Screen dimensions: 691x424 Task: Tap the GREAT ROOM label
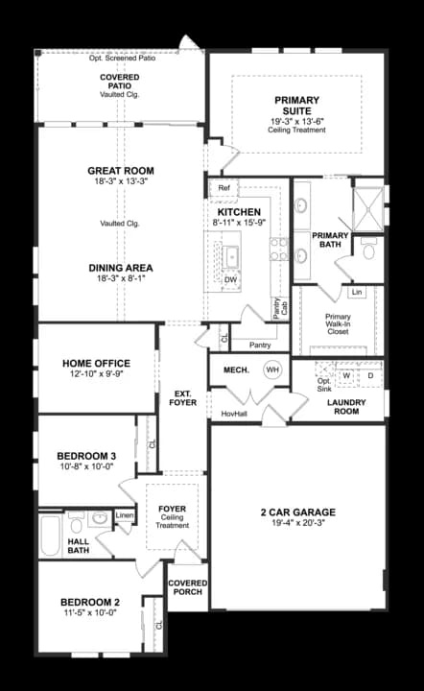click(121, 171)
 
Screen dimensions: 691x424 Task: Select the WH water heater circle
click(272, 369)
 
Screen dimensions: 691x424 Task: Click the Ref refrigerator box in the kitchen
click(224, 189)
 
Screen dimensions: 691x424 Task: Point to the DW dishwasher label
click(230, 280)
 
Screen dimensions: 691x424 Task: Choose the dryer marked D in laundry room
click(369, 375)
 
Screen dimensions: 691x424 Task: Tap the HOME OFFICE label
click(96, 363)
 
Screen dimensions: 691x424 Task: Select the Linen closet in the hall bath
click(125, 516)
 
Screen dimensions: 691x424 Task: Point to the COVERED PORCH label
click(187, 587)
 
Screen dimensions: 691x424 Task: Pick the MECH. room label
click(236, 369)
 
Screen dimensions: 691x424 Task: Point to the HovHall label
click(235, 414)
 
